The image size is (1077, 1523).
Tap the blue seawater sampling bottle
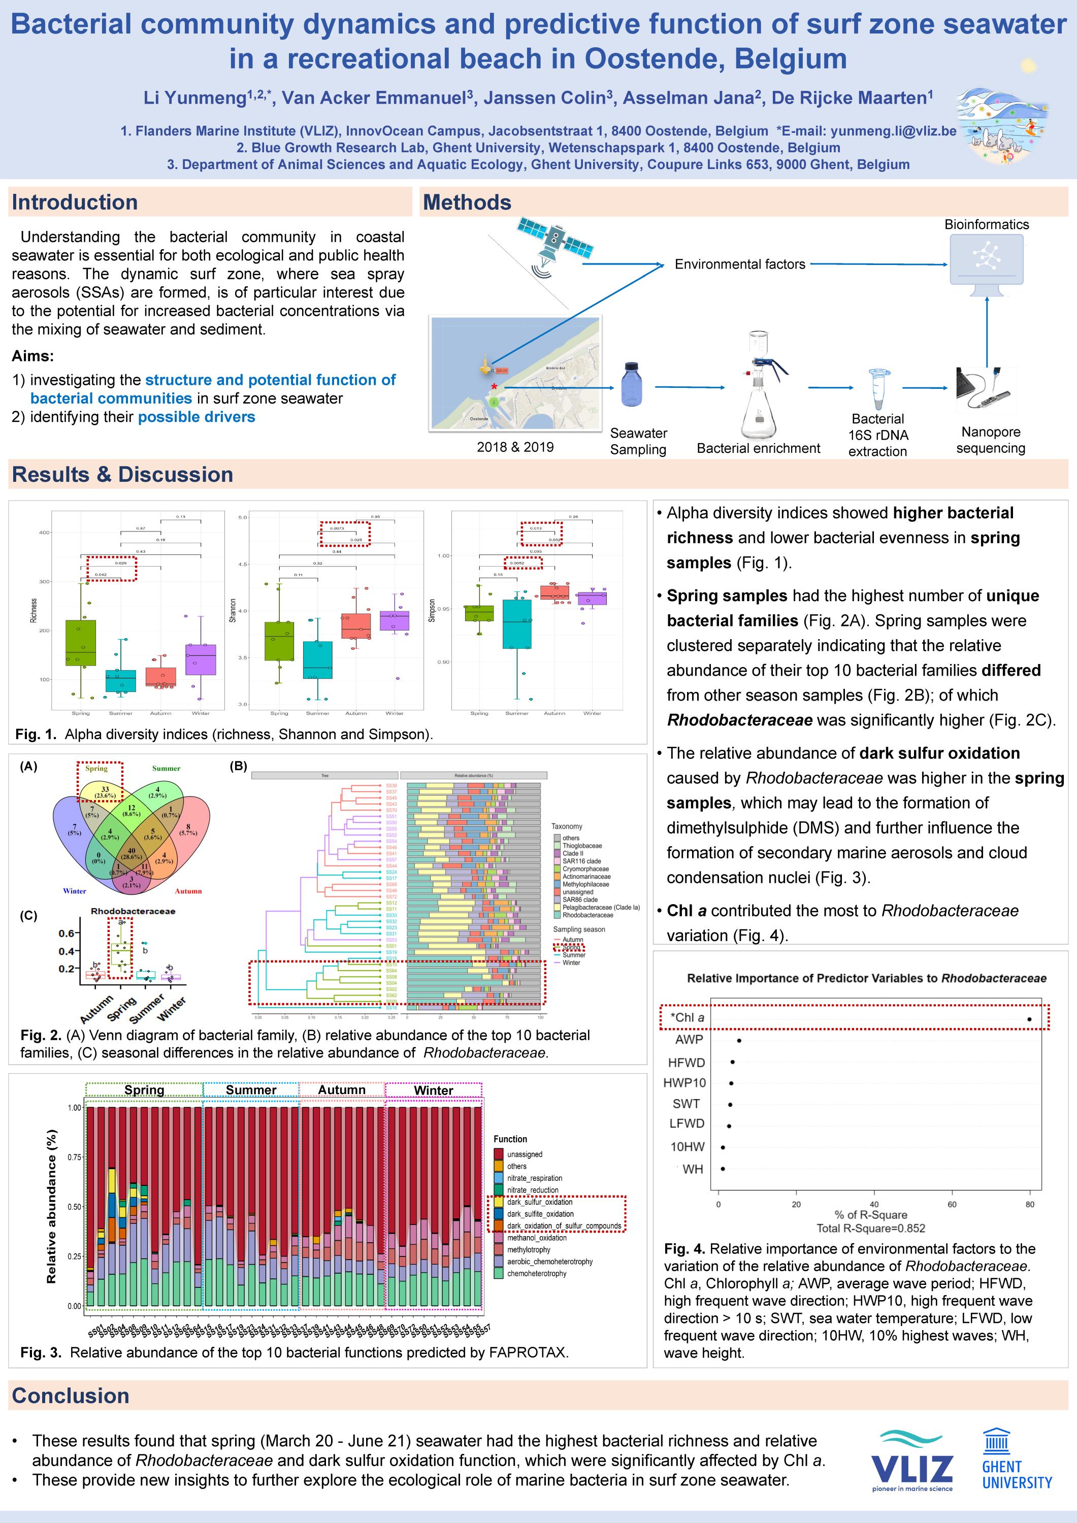tap(631, 384)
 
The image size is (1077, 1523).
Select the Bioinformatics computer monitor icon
tap(987, 261)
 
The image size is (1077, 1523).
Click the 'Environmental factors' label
tap(740, 264)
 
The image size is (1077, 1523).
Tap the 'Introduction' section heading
tap(75, 203)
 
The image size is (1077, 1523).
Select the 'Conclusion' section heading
tap(71, 1396)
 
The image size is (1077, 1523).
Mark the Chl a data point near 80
tap(1029, 1019)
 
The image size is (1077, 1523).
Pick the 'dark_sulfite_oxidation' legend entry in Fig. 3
tap(540, 1214)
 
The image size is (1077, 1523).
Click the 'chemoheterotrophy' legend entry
tap(536, 1274)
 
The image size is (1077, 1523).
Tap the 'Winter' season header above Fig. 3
tap(433, 1090)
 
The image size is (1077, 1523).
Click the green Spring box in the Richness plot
tap(81, 642)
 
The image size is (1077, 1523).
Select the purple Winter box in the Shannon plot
tap(394, 620)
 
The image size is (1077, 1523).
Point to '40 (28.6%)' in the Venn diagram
tap(132, 854)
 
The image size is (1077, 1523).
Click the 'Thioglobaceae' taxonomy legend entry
tap(582, 846)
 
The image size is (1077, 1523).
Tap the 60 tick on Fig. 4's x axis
tap(952, 1204)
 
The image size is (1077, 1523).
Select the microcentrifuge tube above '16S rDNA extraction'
tap(878, 389)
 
